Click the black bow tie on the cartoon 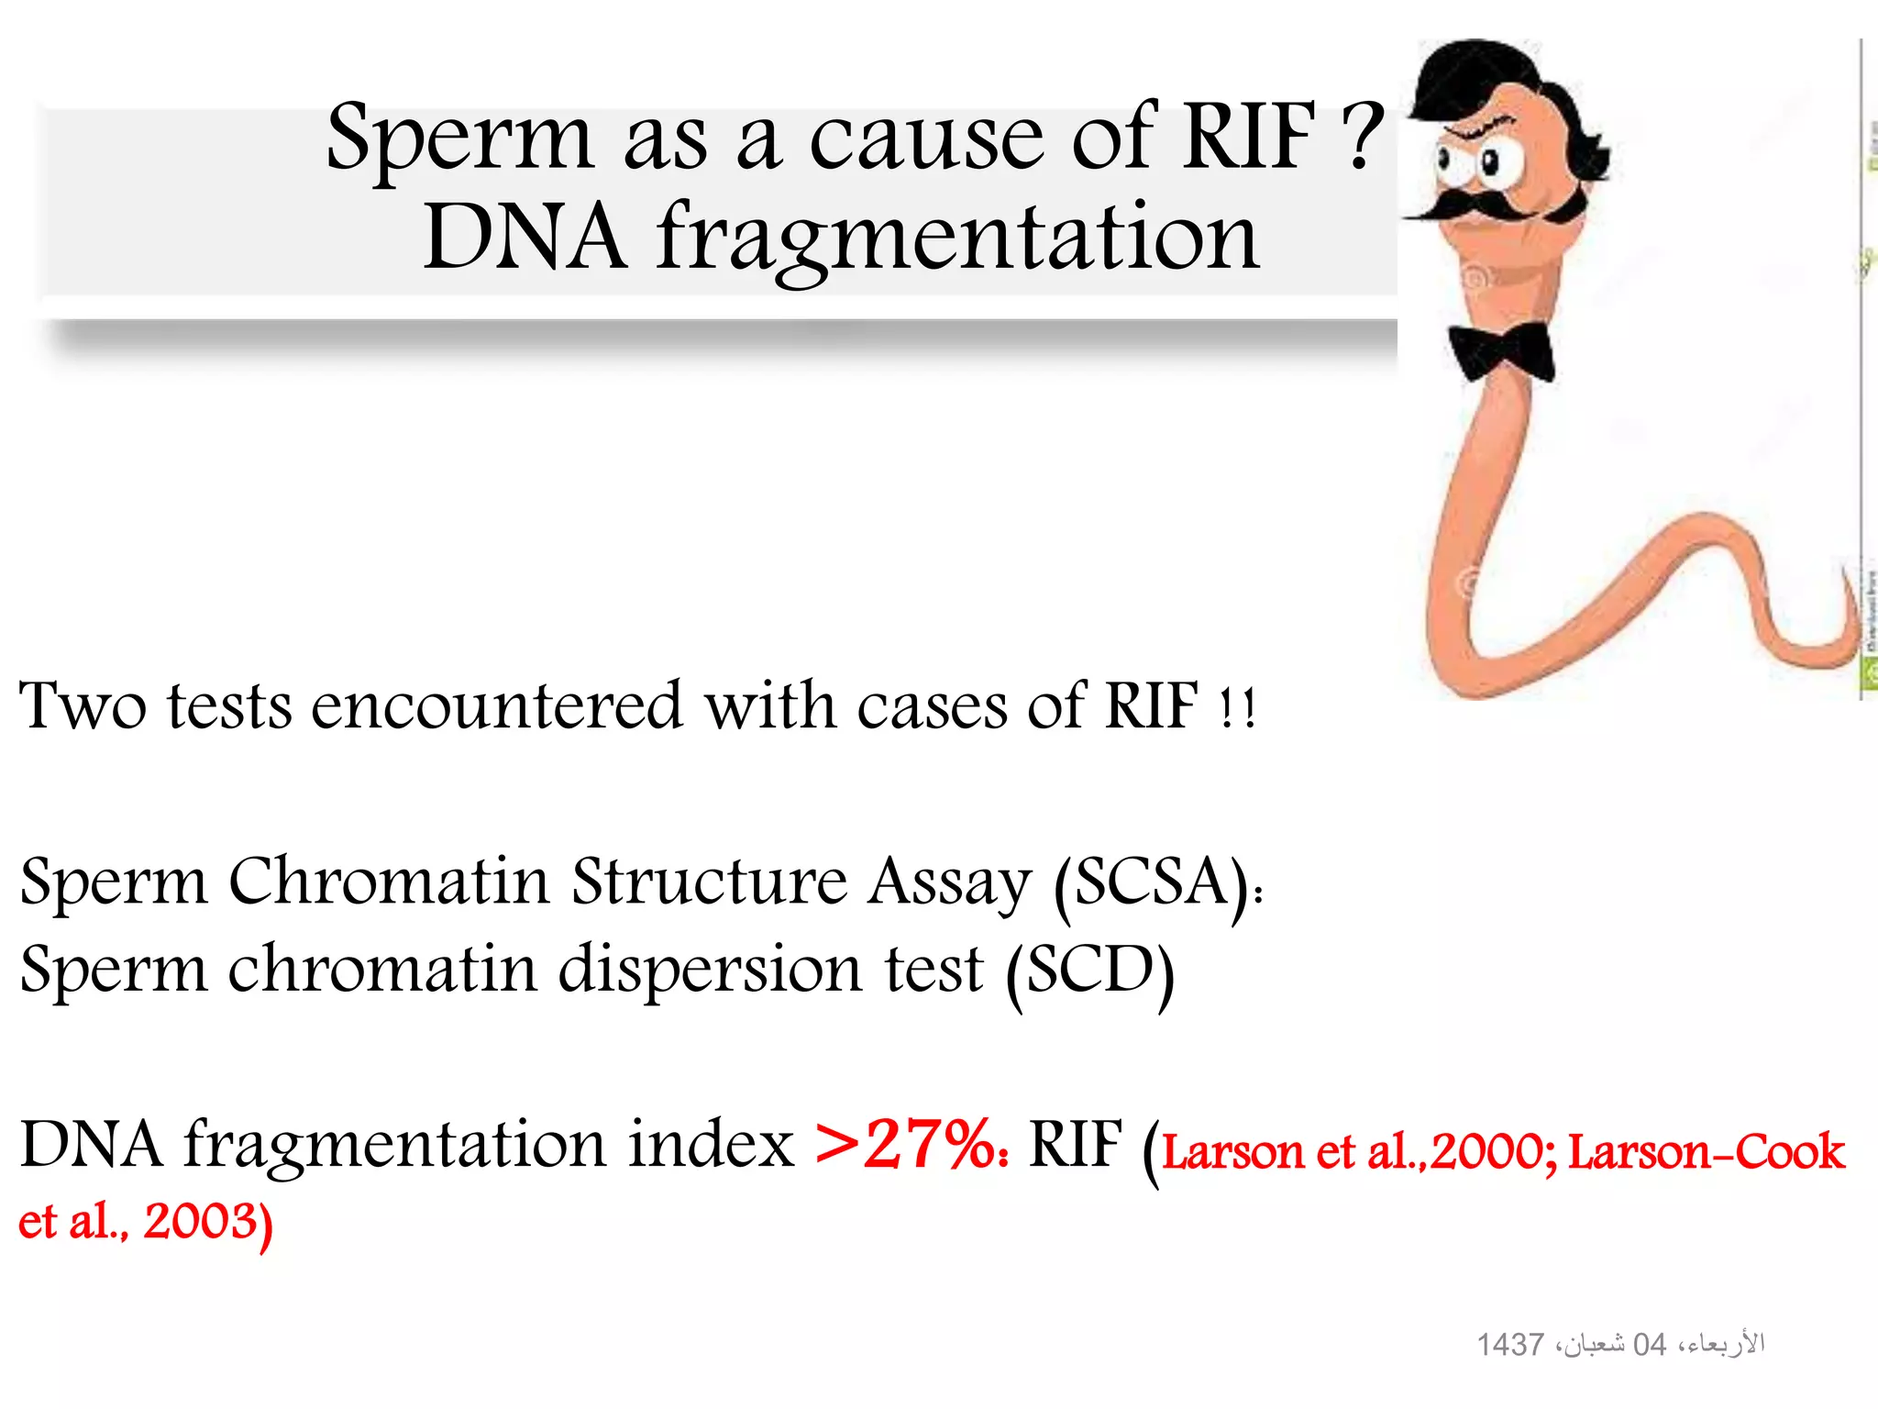(x=1502, y=352)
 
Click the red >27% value (x=908, y=1145)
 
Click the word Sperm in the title (x=458, y=139)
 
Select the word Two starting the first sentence (x=83, y=706)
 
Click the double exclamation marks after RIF (x=1237, y=708)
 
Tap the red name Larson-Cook (x=1706, y=1151)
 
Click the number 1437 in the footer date (x=1509, y=1345)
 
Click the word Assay (x=950, y=882)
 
